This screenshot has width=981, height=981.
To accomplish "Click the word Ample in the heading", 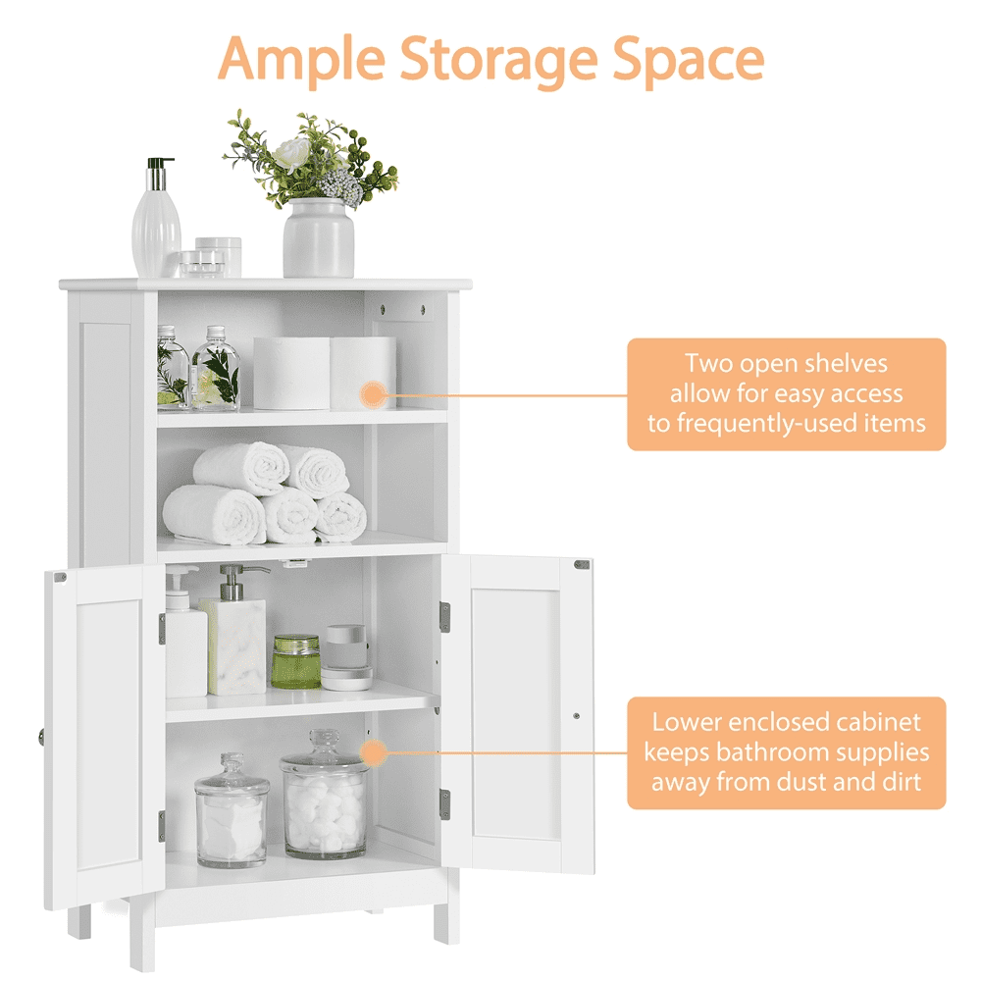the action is [x=301, y=60].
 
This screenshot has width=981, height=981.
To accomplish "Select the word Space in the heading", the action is [x=689, y=61].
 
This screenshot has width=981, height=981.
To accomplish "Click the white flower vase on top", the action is [x=319, y=237].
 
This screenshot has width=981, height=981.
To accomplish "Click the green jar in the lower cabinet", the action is [x=296, y=661].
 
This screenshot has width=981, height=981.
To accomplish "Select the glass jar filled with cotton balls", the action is [x=325, y=795].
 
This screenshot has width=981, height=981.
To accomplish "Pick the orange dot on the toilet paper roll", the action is [x=374, y=394].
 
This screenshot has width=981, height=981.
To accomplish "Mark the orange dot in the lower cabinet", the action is [x=374, y=752].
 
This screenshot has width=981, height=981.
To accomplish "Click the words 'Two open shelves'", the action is [x=786, y=364].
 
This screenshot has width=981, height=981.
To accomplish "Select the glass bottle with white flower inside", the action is [x=215, y=369].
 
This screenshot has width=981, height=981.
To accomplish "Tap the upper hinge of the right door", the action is [x=444, y=616].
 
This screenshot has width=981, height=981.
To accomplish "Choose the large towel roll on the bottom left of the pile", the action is [x=215, y=514].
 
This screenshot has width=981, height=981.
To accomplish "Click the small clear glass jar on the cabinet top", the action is [x=201, y=264].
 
